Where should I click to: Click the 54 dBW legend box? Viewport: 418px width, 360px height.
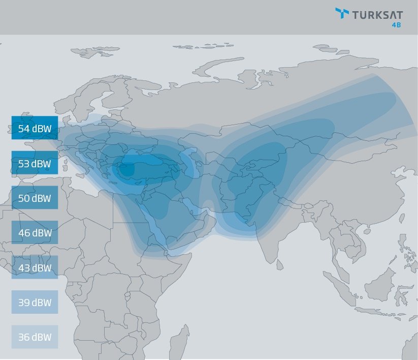pyautogui.click(x=35, y=128)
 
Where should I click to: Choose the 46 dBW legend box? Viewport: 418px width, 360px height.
pyautogui.click(x=35, y=232)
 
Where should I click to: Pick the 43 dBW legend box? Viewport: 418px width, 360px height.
pyautogui.click(x=35, y=267)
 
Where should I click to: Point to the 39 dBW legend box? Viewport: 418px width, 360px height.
pyautogui.click(x=35, y=302)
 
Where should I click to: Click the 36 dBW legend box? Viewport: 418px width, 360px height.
pyautogui.click(x=35, y=337)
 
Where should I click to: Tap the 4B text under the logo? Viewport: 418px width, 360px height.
pyautogui.click(x=396, y=25)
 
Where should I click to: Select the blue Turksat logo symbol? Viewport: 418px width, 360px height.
pyautogui.click(x=342, y=14)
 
